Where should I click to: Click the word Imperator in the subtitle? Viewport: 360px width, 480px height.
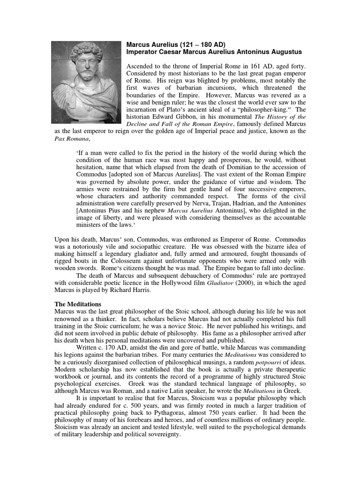pyautogui.click(x=144, y=52)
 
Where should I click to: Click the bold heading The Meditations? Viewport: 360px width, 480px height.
pyautogui.click(x=78, y=304)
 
